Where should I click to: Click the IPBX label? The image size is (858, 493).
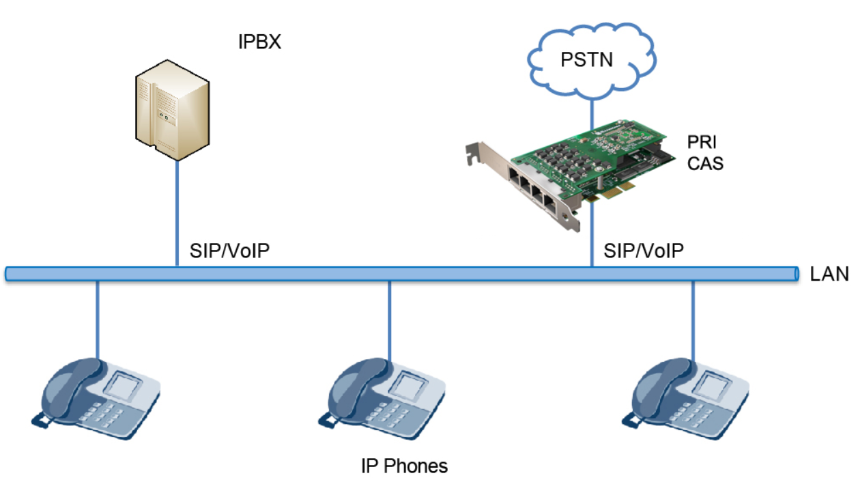coord(259,42)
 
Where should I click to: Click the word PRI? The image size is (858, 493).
coord(701,143)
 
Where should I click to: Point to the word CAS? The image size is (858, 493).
coord(704,164)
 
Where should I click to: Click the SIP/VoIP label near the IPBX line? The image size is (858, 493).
coord(230,251)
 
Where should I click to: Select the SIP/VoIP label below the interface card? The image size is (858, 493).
coord(643,251)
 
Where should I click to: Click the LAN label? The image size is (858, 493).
coord(829,274)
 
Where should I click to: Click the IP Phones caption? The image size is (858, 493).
coord(404,466)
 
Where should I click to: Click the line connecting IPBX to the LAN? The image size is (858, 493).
coord(177,212)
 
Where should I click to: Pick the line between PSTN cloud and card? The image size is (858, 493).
coord(591,109)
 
